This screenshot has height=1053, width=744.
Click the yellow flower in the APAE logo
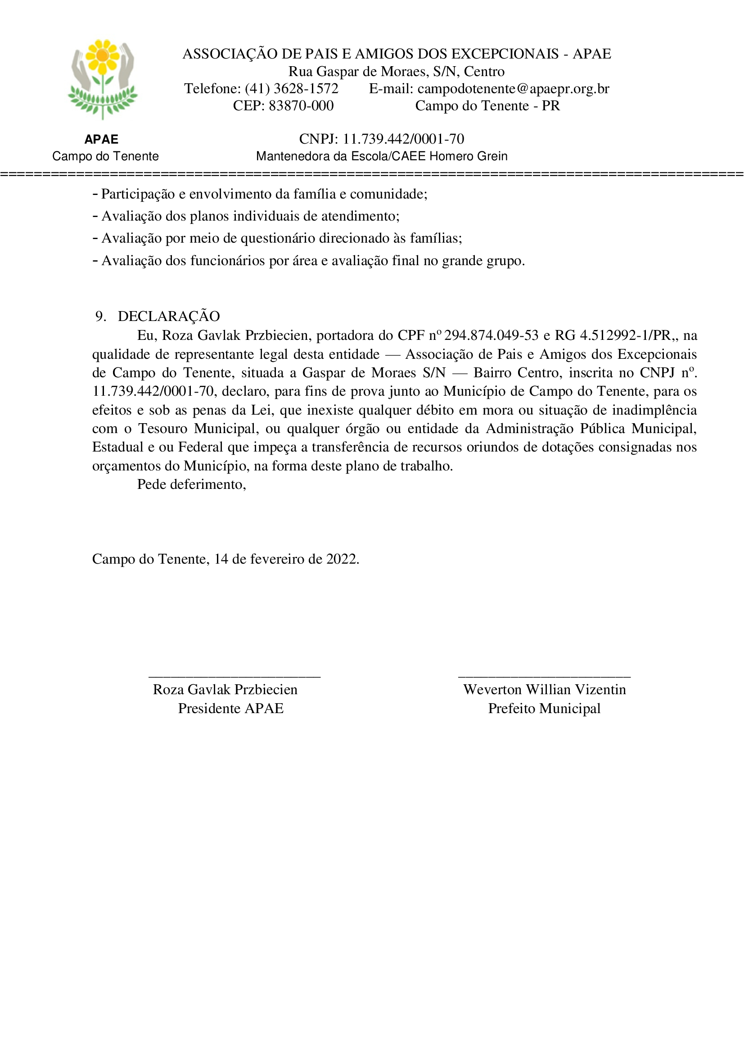pos(103,56)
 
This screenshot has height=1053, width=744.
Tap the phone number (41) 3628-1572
pos(292,89)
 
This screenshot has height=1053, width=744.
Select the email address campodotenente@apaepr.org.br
pos(513,89)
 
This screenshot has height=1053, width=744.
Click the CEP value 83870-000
pos(301,106)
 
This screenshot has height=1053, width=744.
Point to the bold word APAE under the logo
pos(101,140)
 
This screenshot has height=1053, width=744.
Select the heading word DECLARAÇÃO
pos(169,316)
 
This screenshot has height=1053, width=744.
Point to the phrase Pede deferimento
pos(191,484)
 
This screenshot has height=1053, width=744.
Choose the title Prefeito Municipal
pos(544,709)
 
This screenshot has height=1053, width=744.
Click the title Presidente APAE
pos(230,709)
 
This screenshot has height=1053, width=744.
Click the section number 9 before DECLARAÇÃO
pos(99,316)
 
